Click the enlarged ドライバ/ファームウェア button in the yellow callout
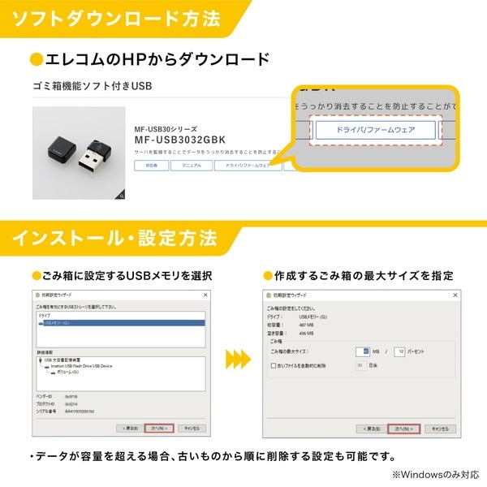[376, 129]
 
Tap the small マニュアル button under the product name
[192, 166]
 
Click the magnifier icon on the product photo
[120, 194]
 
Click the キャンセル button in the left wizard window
[192, 428]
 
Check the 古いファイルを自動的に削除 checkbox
[273, 365]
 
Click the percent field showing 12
[399, 351]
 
